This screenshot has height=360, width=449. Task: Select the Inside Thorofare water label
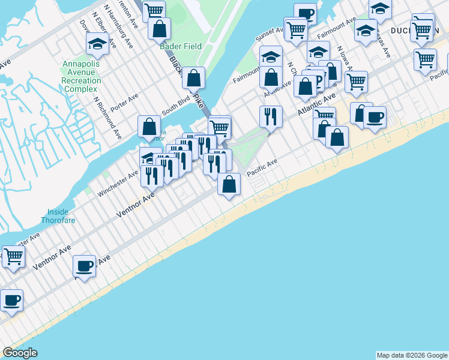click(x=58, y=215)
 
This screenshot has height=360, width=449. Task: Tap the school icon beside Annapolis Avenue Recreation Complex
click(x=98, y=44)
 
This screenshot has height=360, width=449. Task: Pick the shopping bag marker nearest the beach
click(x=229, y=184)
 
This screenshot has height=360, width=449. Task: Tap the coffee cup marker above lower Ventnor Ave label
click(x=85, y=266)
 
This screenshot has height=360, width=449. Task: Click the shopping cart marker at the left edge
click(x=13, y=256)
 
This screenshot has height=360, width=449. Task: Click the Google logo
click(x=20, y=353)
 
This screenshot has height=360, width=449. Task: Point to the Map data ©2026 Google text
click(x=411, y=355)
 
